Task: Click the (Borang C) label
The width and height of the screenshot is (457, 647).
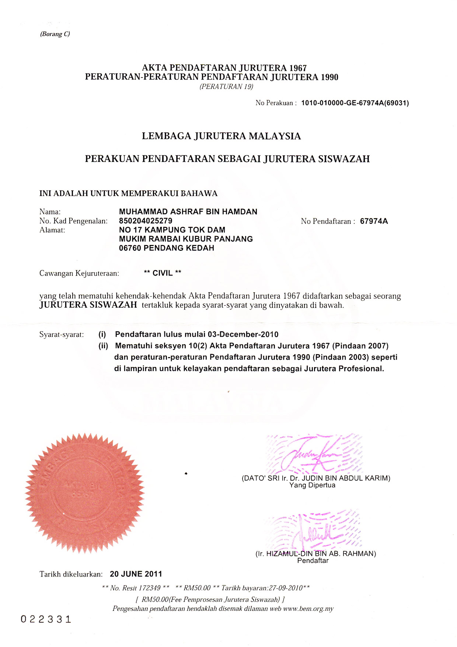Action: (55, 34)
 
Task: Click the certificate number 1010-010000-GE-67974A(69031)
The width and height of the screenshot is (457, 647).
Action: (355, 103)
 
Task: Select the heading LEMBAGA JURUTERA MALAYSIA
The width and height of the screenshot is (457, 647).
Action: (221, 136)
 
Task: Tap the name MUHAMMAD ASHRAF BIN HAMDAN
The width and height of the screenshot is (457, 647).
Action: (188, 212)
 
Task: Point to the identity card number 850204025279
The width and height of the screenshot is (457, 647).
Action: (146, 221)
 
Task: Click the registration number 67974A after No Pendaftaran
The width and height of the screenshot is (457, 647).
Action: (374, 221)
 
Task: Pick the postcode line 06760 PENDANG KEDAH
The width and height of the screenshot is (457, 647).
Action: (167, 248)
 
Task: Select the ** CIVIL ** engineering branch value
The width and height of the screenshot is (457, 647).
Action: (163, 273)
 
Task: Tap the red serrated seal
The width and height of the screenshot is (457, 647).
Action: (85, 493)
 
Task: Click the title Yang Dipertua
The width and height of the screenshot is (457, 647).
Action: (312, 485)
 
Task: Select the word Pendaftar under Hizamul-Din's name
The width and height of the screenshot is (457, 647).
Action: (313, 561)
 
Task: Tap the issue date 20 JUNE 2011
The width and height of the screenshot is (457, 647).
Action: (136, 574)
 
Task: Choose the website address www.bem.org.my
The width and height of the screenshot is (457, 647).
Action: (308, 609)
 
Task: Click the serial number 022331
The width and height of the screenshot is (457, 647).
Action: (46, 619)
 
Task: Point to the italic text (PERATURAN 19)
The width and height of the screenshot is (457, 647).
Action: (226, 87)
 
